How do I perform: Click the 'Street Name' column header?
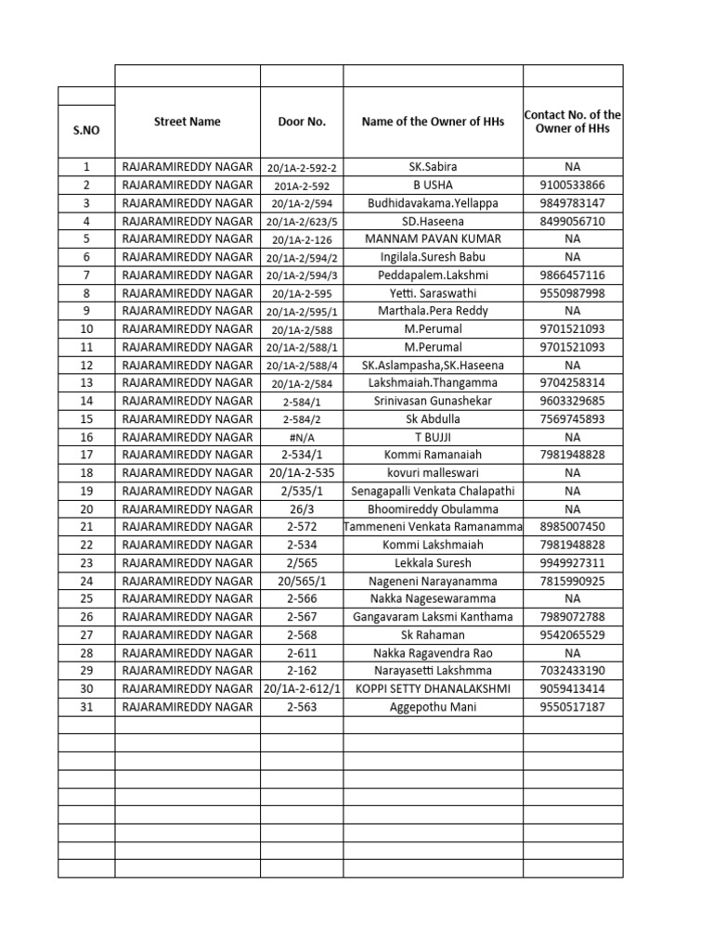(x=188, y=122)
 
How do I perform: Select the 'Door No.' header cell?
(x=302, y=122)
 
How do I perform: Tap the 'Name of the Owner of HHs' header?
(x=433, y=122)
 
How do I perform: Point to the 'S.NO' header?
(x=86, y=131)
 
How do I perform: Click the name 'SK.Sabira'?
(x=433, y=167)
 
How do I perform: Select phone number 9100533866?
(x=572, y=186)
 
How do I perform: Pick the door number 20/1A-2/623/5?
(x=302, y=222)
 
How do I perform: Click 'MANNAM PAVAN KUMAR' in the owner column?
(x=433, y=239)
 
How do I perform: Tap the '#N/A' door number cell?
(x=302, y=437)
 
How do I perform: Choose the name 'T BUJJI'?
(x=433, y=437)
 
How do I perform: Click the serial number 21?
(x=86, y=527)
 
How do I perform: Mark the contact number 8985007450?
(x=572, y=527)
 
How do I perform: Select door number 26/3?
(x=302, y=509)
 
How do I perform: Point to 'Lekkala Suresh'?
(x=433, y=563)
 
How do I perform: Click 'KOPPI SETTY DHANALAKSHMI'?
(x=433, y=689)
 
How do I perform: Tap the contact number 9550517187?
(x=572, y=707)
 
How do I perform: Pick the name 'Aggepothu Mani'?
(x=433, y=707)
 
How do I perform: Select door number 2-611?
(x=302, y=653)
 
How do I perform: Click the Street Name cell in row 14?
(x=188, y=401)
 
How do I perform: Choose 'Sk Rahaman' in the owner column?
(x=433, y=635)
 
